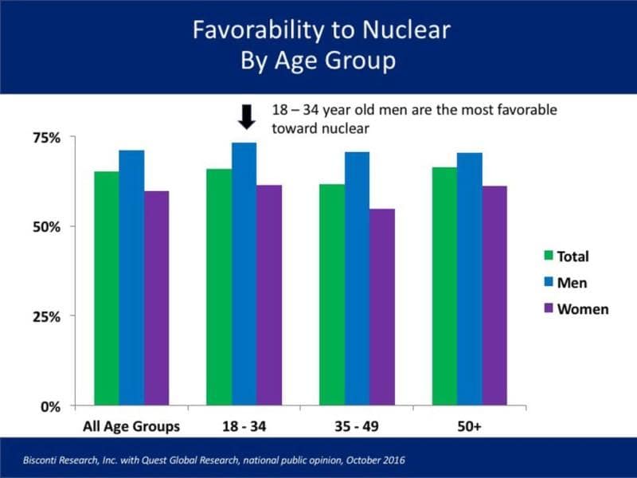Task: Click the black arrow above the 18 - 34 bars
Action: pos(246,118)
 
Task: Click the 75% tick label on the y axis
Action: pos(46,138)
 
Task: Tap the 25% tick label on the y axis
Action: pos(46,316)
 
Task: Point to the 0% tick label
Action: pos(50,406)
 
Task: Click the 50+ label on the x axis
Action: pos(470,426)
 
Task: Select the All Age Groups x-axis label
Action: pos(131,426)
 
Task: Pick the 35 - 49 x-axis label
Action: pos(357,426)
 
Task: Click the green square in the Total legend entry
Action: pos(549,257)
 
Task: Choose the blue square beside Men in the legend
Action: pos(549,283)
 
